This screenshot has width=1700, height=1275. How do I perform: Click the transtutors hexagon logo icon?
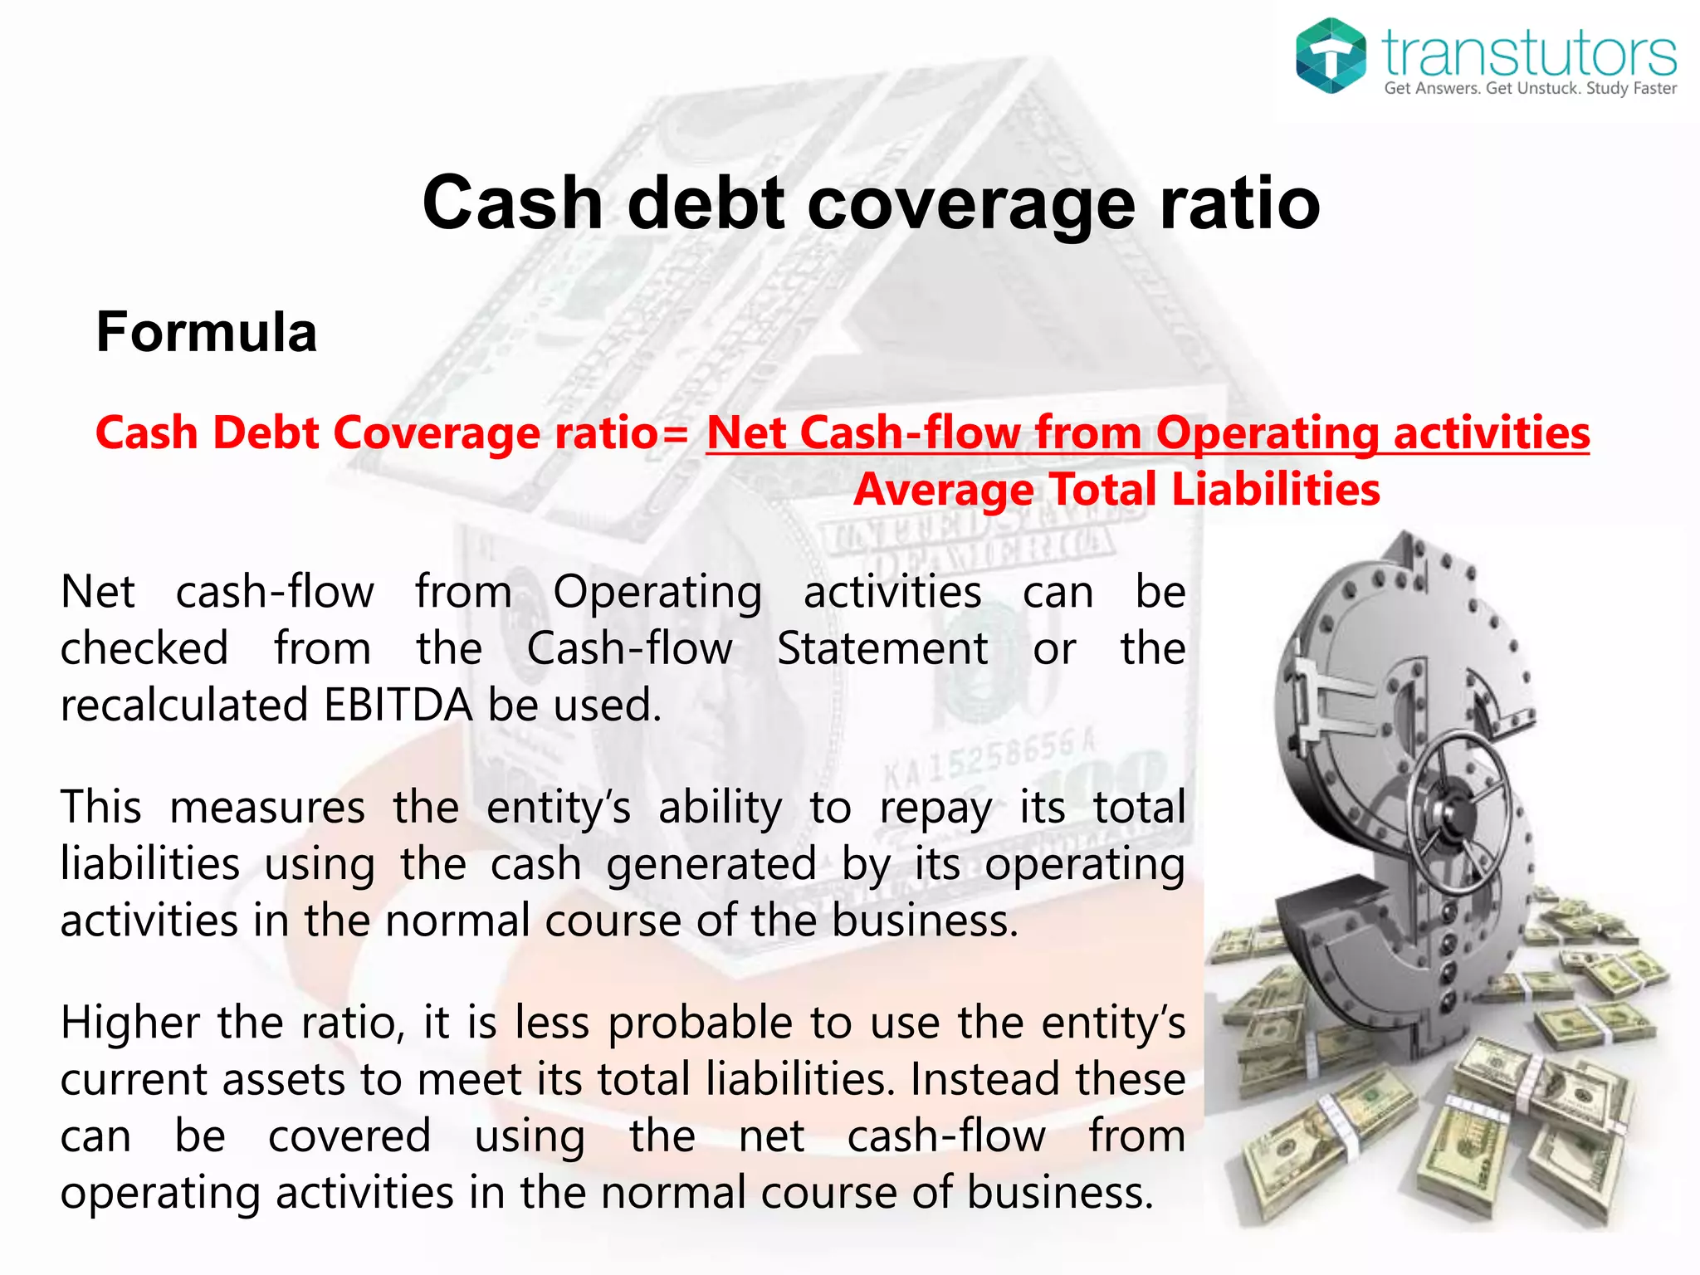coord(1331,55)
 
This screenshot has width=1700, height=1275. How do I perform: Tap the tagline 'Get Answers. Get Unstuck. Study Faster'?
coord(1530,89)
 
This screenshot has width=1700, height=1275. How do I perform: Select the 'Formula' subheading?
coord(207,332)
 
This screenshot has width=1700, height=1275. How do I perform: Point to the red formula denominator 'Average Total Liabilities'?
coord(1116,489)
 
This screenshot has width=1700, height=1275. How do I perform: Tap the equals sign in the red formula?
coord(677,434)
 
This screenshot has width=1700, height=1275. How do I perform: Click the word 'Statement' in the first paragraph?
coord(882,648)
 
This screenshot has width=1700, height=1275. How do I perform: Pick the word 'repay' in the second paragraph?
coord(935,808)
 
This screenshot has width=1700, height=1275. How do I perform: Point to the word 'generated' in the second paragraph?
coord(711,865)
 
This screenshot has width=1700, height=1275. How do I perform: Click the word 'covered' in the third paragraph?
coord(349,1136)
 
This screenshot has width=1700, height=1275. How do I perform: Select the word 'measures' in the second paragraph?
coord(267,808)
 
